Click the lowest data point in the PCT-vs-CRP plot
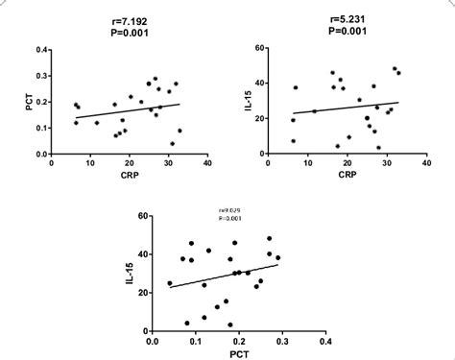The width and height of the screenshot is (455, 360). click(172, 144)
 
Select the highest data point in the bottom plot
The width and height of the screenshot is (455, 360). click(269, 239)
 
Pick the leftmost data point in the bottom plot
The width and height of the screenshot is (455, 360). click(170, 283)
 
